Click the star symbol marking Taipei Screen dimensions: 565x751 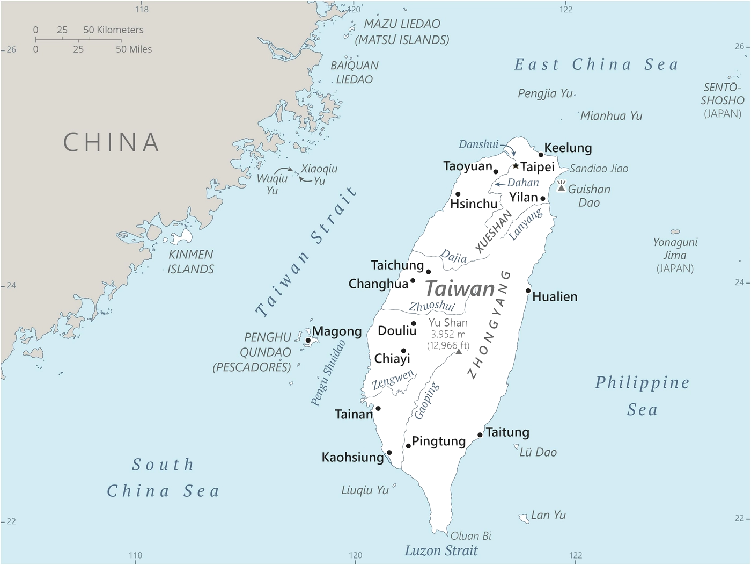pos(516,166)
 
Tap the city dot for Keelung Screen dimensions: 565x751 pos(541,155)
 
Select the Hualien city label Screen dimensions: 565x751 pos(555,296)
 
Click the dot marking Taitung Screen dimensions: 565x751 pos(480,435)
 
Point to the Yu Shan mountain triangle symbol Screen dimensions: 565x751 pos(459,352)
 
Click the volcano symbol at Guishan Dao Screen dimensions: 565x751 pos(561,186)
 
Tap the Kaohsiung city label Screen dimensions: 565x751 pos(352,457)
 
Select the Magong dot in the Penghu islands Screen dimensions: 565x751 pos(308,341)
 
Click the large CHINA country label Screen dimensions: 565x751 pos(112,142)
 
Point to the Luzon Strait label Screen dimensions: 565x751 pos(441,550)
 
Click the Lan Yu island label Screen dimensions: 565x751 pos(548,515)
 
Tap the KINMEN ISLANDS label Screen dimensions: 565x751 pos(190,262)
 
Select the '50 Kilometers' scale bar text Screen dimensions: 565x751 pos(113,30)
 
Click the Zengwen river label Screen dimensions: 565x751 pos(393,379)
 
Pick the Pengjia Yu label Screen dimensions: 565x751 pos(545,93)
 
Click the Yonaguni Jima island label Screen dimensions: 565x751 pos(675,249)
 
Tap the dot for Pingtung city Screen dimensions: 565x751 pos(408,446)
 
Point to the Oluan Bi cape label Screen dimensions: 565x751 pos(470,535)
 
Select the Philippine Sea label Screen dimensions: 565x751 pos(642,396)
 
